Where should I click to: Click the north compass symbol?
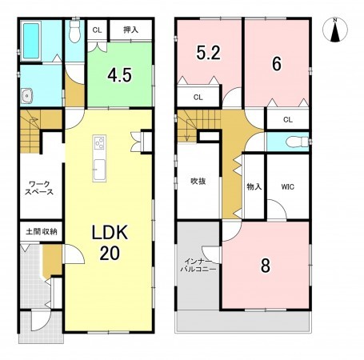335,30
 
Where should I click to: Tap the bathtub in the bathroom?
31,41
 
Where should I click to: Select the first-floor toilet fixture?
74,31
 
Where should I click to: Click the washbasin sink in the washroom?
27,95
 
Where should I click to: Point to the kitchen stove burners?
99,142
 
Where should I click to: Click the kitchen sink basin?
100,170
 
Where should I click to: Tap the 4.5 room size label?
119,75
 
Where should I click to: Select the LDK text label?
110,232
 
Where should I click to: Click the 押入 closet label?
130,30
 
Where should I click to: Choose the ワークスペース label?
39,188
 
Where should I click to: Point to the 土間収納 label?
42,231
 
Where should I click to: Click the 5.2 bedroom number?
208,53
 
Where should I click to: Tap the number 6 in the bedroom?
277,64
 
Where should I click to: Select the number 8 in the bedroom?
266,266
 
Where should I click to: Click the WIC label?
288,186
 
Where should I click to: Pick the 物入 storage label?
254,186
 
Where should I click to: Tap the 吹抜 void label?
198,182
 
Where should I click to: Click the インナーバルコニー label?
198,265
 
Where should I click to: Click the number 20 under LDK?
110,253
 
